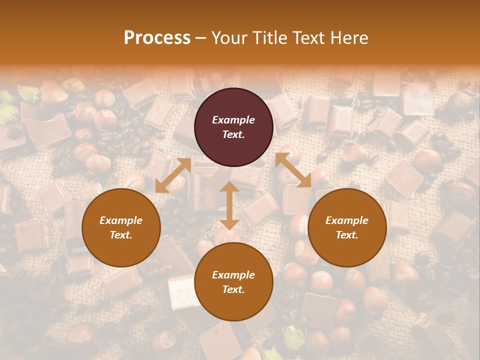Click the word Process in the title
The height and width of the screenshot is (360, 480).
click(x=157, y=38)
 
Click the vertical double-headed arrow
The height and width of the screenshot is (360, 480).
click(x=229, y=205)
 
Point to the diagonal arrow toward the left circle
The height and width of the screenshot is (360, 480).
click(x=173, y=175)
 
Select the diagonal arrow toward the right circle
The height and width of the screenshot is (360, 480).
click(x=293, y=170)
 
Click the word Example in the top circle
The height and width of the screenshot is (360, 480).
click(x=233, y=120)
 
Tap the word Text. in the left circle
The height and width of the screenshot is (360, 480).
click(x=121, y=235)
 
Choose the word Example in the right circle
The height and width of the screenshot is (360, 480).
click(x=347, y=220)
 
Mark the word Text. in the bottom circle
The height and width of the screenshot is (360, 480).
click(x=233, y=289)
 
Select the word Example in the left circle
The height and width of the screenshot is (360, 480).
click(x=121, y=220)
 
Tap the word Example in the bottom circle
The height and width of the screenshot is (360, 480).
click(x=233, y=275)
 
